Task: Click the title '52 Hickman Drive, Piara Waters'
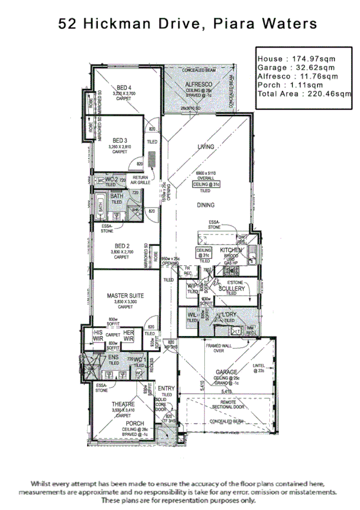click(187, 24)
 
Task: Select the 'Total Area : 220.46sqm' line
click(304, 94)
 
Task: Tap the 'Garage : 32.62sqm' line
click(296, 68)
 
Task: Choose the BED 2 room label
click(122, 245)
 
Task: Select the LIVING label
click(206, 147)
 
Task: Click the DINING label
click(206, 204)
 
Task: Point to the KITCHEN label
click(230, 250)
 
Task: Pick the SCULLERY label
click(231, 289)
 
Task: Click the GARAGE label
click(227, 372)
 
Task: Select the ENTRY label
click(165, 389)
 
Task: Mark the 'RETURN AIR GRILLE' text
click(140, 180)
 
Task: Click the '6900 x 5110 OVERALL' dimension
click(205, 175)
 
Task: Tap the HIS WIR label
click(97, 334)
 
